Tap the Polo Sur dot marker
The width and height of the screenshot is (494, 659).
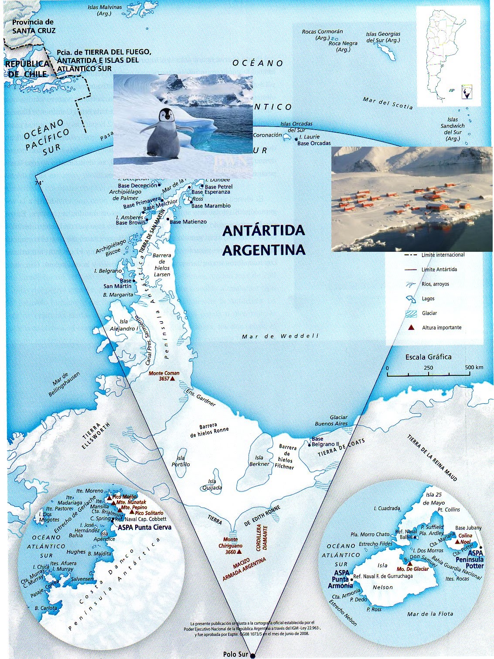coord(252,655)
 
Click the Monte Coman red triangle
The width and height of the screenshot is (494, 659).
coord(173,379)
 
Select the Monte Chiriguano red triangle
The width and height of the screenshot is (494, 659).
coord(239,552)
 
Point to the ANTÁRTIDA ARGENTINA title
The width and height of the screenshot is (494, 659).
coord(264,240)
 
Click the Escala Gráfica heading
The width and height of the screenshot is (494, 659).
coord(428,357)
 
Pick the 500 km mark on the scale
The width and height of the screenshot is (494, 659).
coord(474,367)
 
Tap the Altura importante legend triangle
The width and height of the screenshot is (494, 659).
coord(410,327)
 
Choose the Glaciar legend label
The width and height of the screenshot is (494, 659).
coord(429,313)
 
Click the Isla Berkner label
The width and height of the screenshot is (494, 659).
coord(259,461)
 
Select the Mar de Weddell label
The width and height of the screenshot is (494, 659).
coord(280,336)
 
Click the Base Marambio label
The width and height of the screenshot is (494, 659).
coord(211,206)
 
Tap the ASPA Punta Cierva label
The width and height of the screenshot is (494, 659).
coord(145,527)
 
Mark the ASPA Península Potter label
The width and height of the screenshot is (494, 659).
coord(470,559)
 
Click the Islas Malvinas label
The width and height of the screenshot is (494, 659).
coord(105,10)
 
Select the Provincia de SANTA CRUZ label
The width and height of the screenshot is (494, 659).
coord(34,26)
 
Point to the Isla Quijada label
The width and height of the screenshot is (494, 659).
coord(212,485)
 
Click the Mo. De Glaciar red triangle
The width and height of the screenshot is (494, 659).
coord(409,563)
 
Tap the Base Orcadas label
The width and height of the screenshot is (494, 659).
coord(314,143)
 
